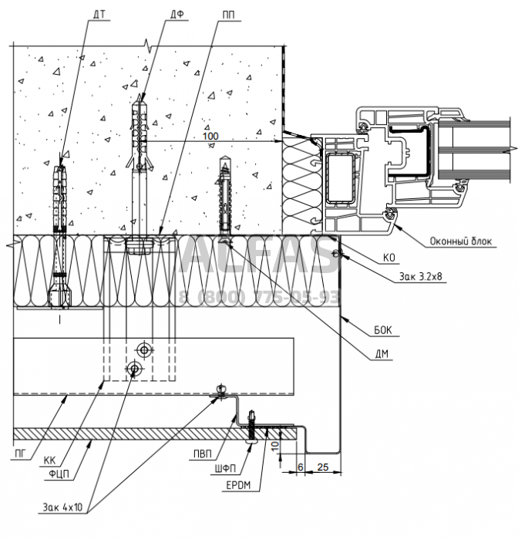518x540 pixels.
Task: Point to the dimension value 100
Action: (x=210, y=137)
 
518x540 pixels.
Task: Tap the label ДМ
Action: (x=379, y=355)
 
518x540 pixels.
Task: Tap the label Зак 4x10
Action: (x=66, y=508)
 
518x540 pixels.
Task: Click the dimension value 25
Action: (x=323, y=466)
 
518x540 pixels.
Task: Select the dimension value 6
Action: (x=299, y=466)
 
